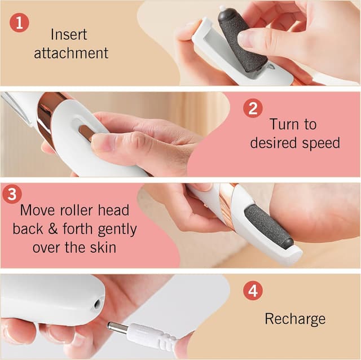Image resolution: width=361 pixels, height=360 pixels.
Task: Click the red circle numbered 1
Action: [19, 24]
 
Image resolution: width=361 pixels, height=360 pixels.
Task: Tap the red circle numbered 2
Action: [253, 108]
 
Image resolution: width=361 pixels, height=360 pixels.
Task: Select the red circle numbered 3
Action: [12, 194]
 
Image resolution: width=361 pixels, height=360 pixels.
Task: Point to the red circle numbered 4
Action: [253, 291]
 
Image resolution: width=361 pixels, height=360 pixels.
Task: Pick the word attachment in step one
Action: [71, 54]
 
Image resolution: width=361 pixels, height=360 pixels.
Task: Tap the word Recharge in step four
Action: [295, 319]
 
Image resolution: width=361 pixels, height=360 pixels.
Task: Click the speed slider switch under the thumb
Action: [86, 133]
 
